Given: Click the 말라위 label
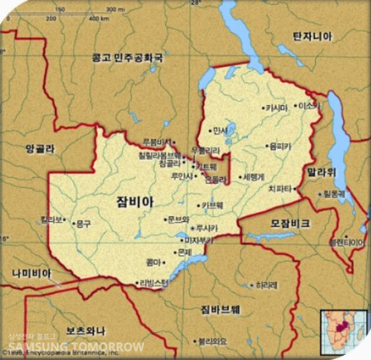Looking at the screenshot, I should click(x=323, y=172).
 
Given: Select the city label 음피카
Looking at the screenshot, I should click(x=280, y=146).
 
